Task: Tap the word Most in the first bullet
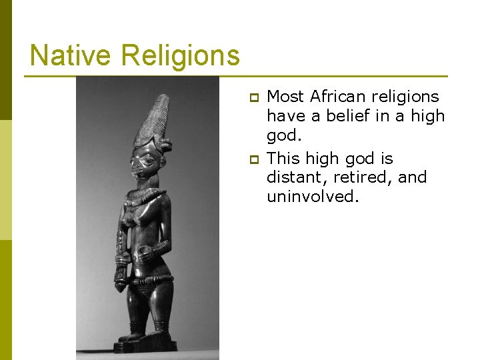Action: [285, 97]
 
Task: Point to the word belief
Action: [350, 116]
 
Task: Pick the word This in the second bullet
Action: [283, 159]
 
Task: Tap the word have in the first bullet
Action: [284, 116]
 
